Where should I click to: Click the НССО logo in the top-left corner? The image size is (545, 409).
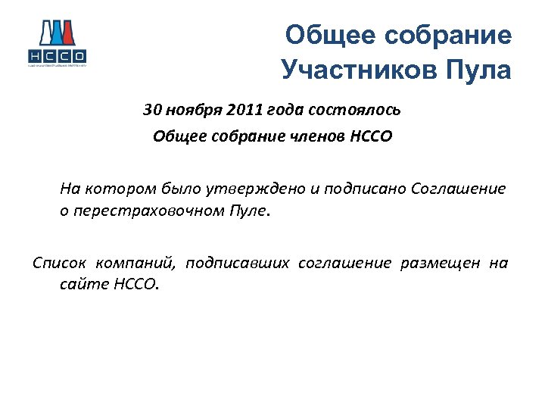click(56, 43)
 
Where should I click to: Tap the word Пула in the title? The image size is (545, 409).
click(481, 70)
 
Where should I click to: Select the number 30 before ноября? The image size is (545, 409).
click(152, 110)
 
